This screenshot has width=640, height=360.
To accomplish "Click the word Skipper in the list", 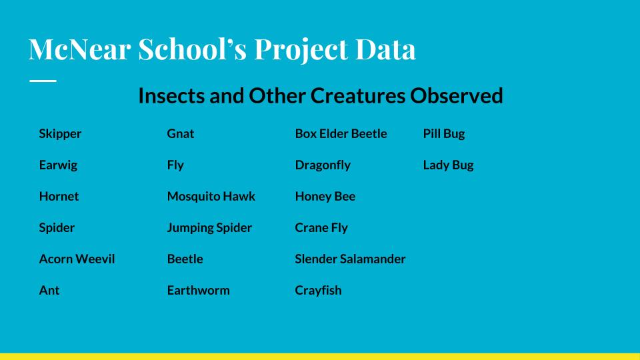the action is (x=60, y=134).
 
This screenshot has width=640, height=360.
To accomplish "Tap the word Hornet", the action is (x=59, y=196).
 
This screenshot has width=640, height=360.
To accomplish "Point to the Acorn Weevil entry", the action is (x=77, y=259).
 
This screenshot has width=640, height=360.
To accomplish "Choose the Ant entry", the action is (x=49, y=290).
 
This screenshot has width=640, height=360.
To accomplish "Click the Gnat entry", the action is (x=181, y=133).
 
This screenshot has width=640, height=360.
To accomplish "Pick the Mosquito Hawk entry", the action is (x=211, y=197).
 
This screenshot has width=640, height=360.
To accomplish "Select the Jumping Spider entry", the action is (x=209, y=228).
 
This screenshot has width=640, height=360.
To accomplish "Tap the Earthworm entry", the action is (x=199, y=290).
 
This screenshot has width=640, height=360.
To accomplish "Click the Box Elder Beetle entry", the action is (x=341, y=133).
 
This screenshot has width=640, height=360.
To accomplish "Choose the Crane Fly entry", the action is (x=321, y=228).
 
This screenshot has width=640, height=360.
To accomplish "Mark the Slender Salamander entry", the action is (x=350, y=259).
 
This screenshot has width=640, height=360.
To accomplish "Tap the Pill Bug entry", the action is (x=444, y=134).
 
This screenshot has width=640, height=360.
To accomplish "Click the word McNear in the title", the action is (x=79, y=49).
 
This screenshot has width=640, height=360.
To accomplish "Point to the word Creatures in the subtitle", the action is (x=357, y=95).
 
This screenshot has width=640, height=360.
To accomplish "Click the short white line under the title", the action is (x=43, y=81).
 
